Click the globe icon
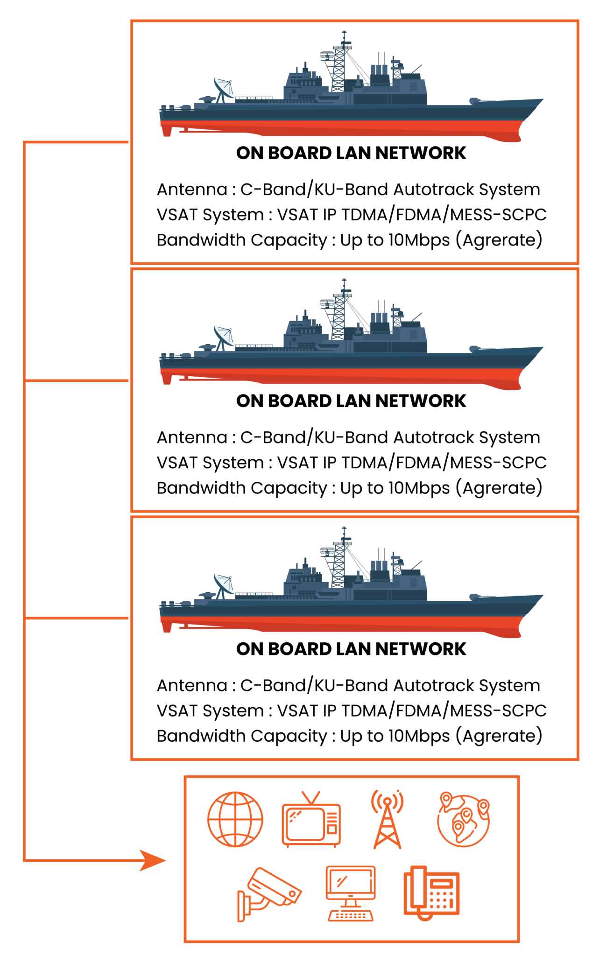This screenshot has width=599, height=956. pyautogui.click(x=235, y=819)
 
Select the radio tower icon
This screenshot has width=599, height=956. pyautogui.click(x=387, y=819)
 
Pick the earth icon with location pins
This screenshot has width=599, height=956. pyautogui.click(x=463, y=819)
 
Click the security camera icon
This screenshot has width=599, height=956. pyautogui.click(x=268, y=894)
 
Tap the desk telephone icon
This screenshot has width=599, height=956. pyautogui.click(x=431, y=893)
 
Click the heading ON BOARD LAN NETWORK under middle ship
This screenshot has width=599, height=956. pyautogui.click(x=351, y=401)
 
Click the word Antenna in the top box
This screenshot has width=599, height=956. pyautogui.click(x=192, y=190)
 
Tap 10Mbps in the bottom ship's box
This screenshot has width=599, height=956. pyautogui.click(x=419, y=736)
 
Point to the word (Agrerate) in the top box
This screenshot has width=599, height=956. pyautogui.click(x=499, y=240)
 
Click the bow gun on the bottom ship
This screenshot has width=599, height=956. pyautogui.click(x=481, y=596)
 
